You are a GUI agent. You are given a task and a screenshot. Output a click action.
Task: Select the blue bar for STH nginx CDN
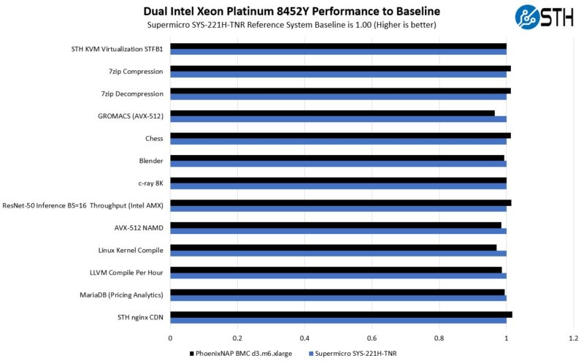[338, 321]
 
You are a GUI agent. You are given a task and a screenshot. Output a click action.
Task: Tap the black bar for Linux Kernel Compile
[333, 248]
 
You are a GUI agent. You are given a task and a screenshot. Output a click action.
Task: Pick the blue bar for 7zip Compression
[338, 75]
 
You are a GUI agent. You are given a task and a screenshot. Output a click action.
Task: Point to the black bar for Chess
[340, 135]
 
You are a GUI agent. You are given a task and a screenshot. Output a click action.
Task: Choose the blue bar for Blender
[338, 164]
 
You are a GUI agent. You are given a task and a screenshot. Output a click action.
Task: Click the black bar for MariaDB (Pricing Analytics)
[337, 292]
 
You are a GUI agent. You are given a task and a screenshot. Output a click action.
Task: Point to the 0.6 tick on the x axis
[372, 338]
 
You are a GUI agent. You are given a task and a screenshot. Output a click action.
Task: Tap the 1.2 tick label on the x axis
[573, 338]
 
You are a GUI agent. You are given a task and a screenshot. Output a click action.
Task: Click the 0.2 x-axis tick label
[237, 338]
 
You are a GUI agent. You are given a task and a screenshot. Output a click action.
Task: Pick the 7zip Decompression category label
[134, 94]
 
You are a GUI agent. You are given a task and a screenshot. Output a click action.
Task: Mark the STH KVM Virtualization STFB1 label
[117, 49]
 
